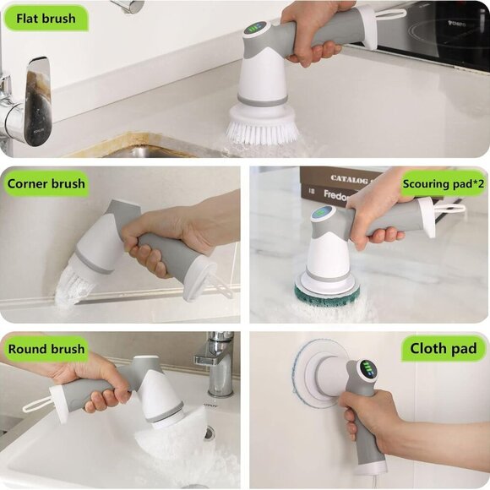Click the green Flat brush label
(46, 18)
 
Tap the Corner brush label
(46, 182)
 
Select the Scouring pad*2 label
(443, 182)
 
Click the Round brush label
(46, 348)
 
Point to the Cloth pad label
(443, 348)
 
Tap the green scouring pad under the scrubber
(326, 294)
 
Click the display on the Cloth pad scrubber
(367, 370)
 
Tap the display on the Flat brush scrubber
(254, 28)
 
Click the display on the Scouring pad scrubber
(321, 213)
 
